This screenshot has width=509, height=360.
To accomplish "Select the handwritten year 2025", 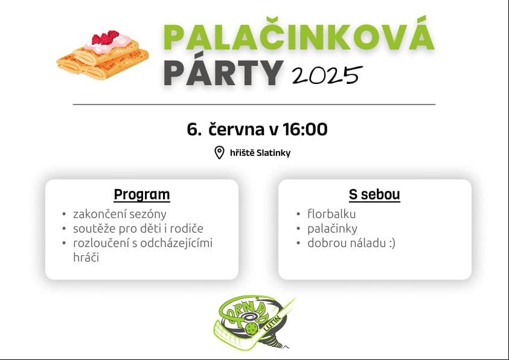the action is tap(327, 75).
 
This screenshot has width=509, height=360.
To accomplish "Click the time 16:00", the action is tap(305, 129).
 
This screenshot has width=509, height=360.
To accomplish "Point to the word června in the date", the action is tap(236, 129).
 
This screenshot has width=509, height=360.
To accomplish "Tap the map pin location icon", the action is tap(219, 153).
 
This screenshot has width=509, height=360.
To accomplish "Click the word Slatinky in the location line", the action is tap(274, 153).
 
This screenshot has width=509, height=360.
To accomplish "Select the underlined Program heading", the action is tap(142, 194).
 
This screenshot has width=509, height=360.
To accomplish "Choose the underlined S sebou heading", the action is tap(374, 194).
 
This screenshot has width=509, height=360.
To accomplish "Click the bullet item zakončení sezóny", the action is tap(120, 214).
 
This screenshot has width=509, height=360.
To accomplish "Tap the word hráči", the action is tap(86, 257).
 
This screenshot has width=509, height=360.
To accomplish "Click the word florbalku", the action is tap(331, 214).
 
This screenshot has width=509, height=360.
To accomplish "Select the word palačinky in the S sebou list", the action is tap(332, 229).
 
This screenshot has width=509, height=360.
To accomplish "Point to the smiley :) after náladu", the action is tap(392, 243).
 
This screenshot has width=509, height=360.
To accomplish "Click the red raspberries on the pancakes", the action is tap(106, 37).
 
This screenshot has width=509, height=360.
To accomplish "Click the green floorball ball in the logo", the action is tap(251, 329).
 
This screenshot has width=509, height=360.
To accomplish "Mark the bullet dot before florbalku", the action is tap(298, 214).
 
